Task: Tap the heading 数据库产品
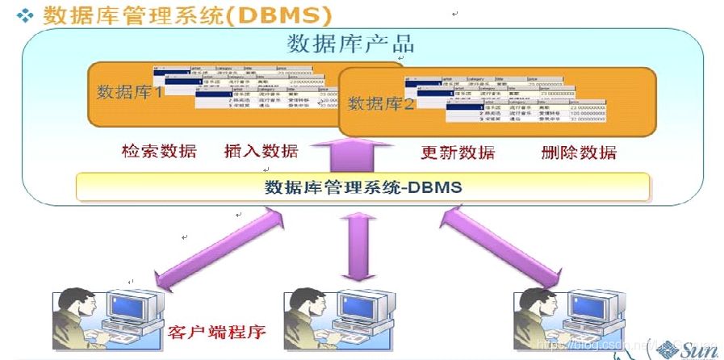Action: [350, 44]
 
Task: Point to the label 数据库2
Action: [380, 103]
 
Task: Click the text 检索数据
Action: [159, 151]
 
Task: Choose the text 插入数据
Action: [261, 151]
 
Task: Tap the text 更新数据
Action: [458, 152]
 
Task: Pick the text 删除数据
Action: [579, 152]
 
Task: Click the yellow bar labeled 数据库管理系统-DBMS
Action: [362, 187]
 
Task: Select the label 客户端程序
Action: [217, 332]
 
